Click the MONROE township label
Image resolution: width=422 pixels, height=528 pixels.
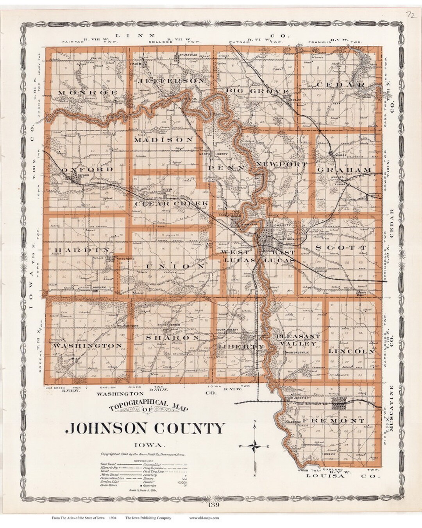point(88,92)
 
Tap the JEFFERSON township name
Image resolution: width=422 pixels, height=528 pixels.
point(171,81)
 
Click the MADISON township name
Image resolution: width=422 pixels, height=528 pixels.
point(164,140)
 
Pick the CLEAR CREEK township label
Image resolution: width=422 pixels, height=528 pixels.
point(166,204)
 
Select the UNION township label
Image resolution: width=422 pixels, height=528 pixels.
point(175,266)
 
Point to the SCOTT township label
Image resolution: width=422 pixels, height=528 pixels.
point(341,248)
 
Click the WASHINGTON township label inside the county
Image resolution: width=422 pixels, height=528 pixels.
point(88,346)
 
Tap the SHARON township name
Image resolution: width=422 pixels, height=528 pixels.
point(173,337)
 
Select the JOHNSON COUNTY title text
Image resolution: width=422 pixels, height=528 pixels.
point(145,427)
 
